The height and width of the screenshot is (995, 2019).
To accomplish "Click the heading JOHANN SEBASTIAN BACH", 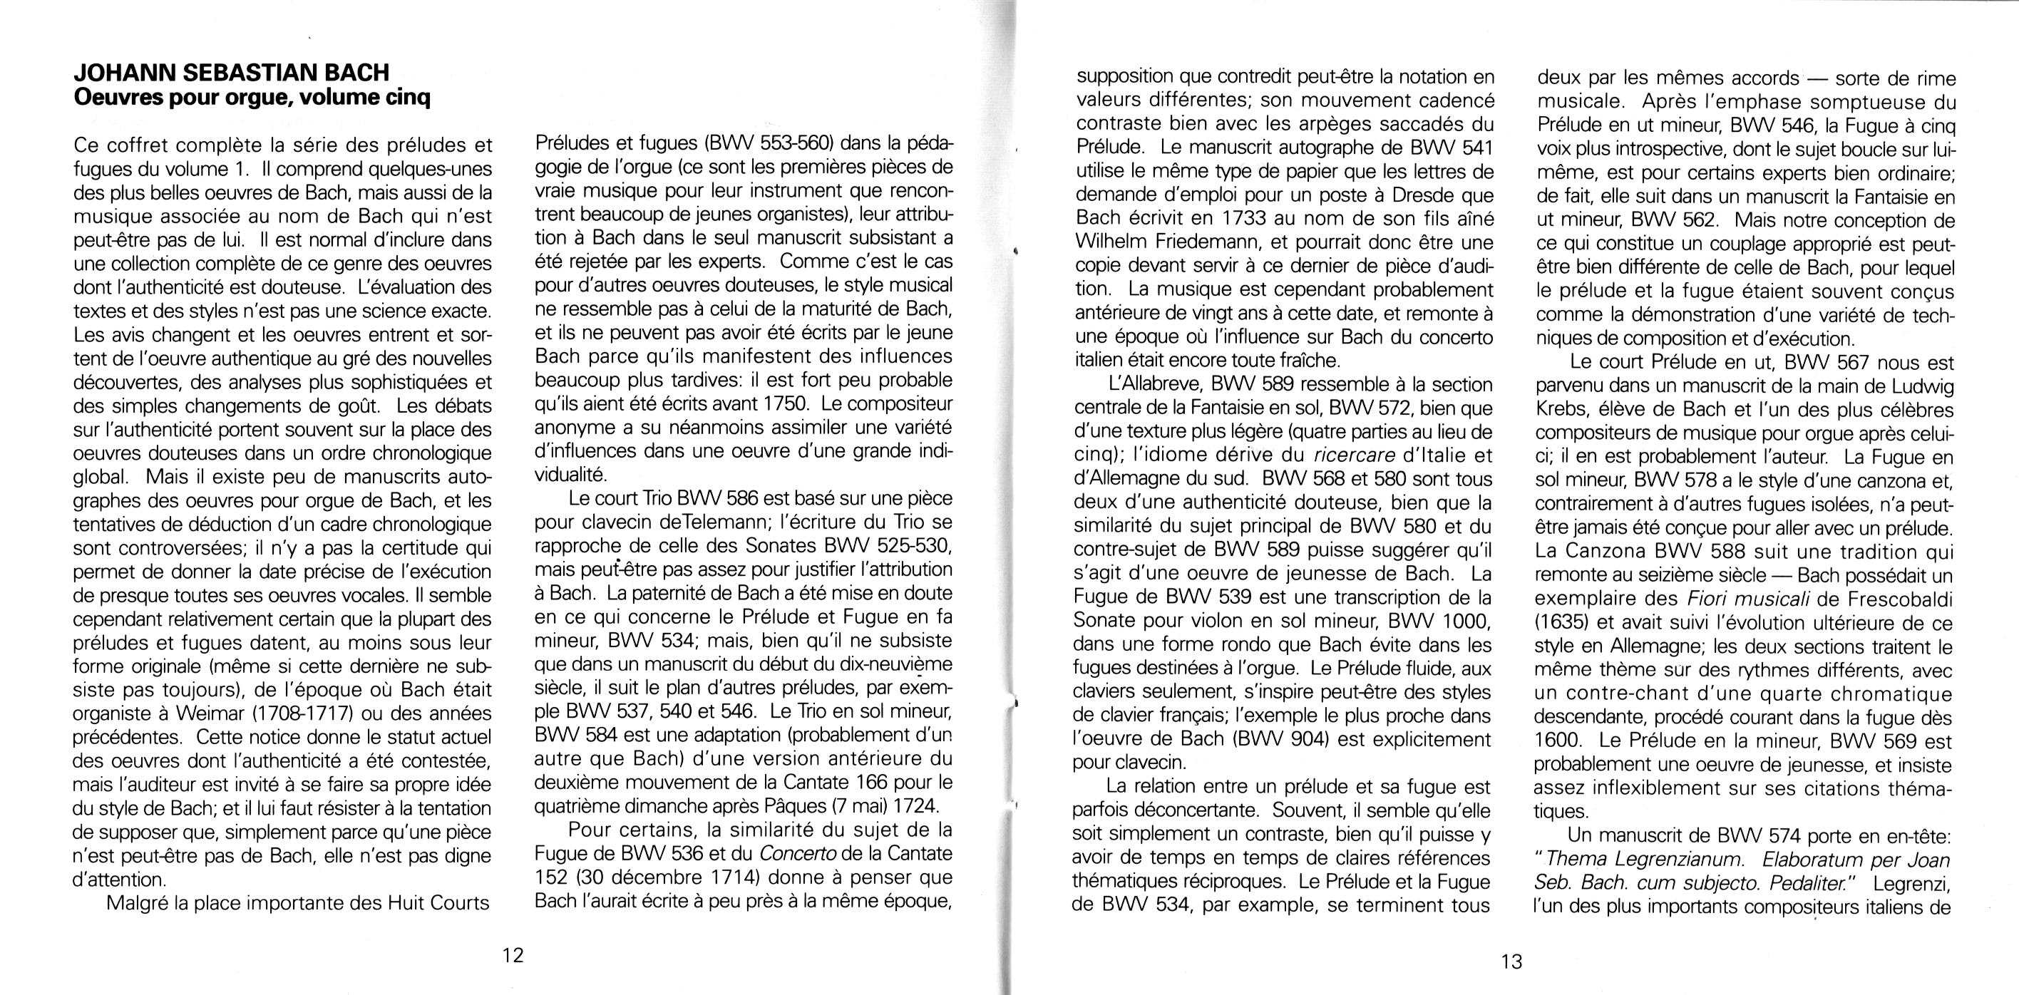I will [231, 72].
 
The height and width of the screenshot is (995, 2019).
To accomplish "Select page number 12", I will [513, 955].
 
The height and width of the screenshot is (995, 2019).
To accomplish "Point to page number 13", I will [1511, 962].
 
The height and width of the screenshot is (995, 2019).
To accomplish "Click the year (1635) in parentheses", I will [1561, 623].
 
